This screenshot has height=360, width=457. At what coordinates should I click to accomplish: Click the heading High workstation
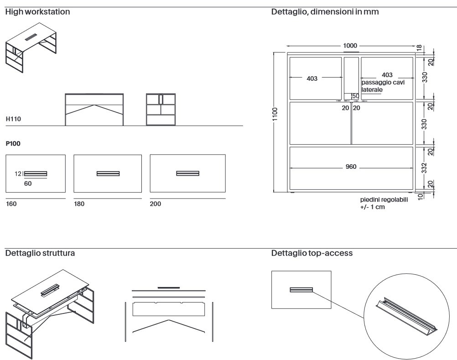click(37, 12)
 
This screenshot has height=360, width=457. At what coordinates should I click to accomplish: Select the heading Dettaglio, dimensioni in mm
click(325, 12)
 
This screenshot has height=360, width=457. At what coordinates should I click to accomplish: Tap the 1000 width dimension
click(351, 46)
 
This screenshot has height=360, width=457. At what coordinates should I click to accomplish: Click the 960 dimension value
click(351, 167)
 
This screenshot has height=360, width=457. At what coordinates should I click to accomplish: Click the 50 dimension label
click(354, 96)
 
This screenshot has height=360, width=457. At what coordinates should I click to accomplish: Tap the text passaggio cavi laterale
click(383, 86)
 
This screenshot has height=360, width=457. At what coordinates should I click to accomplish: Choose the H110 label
click(13, 119)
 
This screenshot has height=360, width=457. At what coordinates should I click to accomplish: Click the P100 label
click(13, 143)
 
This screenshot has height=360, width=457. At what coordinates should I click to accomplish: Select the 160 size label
click(11, 204)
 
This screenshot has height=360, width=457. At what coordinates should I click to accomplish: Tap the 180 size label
click(79, 204)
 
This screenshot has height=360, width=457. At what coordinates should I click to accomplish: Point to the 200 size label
click(156, 204)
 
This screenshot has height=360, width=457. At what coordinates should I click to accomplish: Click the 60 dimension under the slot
click(28, 183)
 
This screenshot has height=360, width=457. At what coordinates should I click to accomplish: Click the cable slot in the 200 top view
click(187, 173)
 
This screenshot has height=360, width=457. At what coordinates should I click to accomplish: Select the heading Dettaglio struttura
click(40, 253)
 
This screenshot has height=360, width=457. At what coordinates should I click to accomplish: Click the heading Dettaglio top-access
click(312, 253)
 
